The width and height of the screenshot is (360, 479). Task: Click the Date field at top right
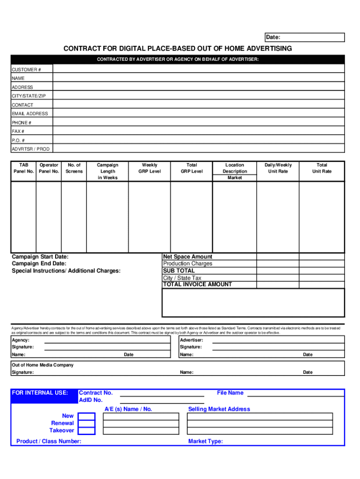pos(304,37)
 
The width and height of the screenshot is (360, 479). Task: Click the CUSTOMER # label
pos(26,70)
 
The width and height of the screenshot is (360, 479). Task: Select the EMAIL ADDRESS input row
pos(199,114)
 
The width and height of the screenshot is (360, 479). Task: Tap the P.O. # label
pos(19,140)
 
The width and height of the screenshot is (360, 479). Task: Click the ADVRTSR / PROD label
pos(30,149)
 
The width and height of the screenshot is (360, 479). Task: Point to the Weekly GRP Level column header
pos(150,168)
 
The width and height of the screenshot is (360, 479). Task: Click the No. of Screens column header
pos(74,168)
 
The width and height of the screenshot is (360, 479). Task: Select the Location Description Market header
pos(235,171)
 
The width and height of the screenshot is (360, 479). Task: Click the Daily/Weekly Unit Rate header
pos(278,168)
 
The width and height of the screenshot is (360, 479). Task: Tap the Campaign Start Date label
pos(40,257)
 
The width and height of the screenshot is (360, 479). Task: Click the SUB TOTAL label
pos(179,271)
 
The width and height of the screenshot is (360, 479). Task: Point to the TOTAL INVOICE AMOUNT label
pos(197,284)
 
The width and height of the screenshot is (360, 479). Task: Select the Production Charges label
pos(187,264)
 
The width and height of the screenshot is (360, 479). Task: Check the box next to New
pos(86,416)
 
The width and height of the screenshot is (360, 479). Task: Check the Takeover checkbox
pos(86,430)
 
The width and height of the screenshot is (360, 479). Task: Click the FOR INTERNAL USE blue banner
pos(43,393)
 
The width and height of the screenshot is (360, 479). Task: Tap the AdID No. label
pos(91,400)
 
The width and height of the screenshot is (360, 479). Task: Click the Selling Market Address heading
pos(219,409)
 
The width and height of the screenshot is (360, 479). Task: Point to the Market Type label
pos(205,441)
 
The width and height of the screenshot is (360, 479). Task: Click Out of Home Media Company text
pos(43,365)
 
